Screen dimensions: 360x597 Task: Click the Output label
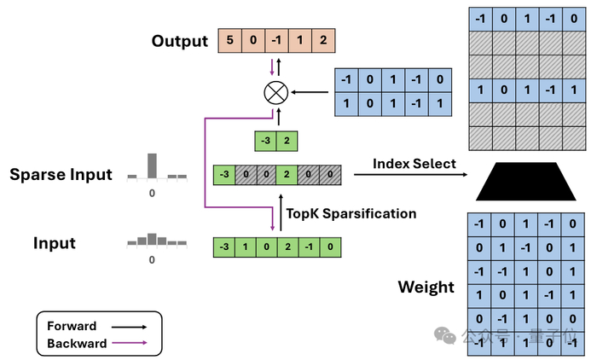(179, 42)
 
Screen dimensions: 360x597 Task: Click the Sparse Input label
(61, 175)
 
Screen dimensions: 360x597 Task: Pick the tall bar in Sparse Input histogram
(153, 165)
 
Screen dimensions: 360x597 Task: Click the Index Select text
(414, 163)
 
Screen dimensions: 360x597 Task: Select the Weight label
(426, 287)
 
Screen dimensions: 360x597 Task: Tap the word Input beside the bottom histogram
(55, 243)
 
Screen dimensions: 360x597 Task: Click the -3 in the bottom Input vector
(224, 247)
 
